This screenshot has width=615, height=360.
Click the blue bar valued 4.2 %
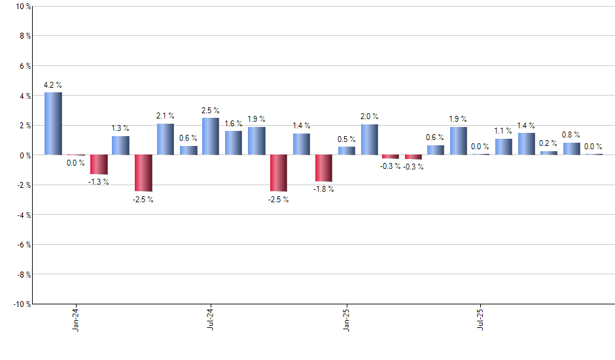point(53,124)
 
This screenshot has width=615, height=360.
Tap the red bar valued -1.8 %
point(324,168)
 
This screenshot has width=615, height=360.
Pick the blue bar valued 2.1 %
point(166,139)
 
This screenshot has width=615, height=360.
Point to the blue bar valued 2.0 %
point(369,139)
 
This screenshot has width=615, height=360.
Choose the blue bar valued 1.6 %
point(234,143)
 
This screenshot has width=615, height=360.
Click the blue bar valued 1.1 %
point(504,147)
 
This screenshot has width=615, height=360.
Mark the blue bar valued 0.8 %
point(571,149)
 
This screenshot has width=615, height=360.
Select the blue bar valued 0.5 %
point(347,151)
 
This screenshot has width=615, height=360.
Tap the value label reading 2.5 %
point(211,111)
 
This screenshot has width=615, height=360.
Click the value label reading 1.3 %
point(120,128)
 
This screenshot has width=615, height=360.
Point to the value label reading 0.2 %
point(549,143)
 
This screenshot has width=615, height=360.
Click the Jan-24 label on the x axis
point(76,319)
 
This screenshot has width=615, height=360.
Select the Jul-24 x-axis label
point(211,319)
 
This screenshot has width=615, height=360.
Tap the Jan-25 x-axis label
point(347,319)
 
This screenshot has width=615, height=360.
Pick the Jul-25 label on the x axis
point(482,319)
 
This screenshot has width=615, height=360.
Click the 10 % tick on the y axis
point(22,7)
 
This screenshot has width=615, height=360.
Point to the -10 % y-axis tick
point(21,304)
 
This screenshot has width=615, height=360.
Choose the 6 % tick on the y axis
point(24,66)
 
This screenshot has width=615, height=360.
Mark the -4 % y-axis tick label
point(23,215)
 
